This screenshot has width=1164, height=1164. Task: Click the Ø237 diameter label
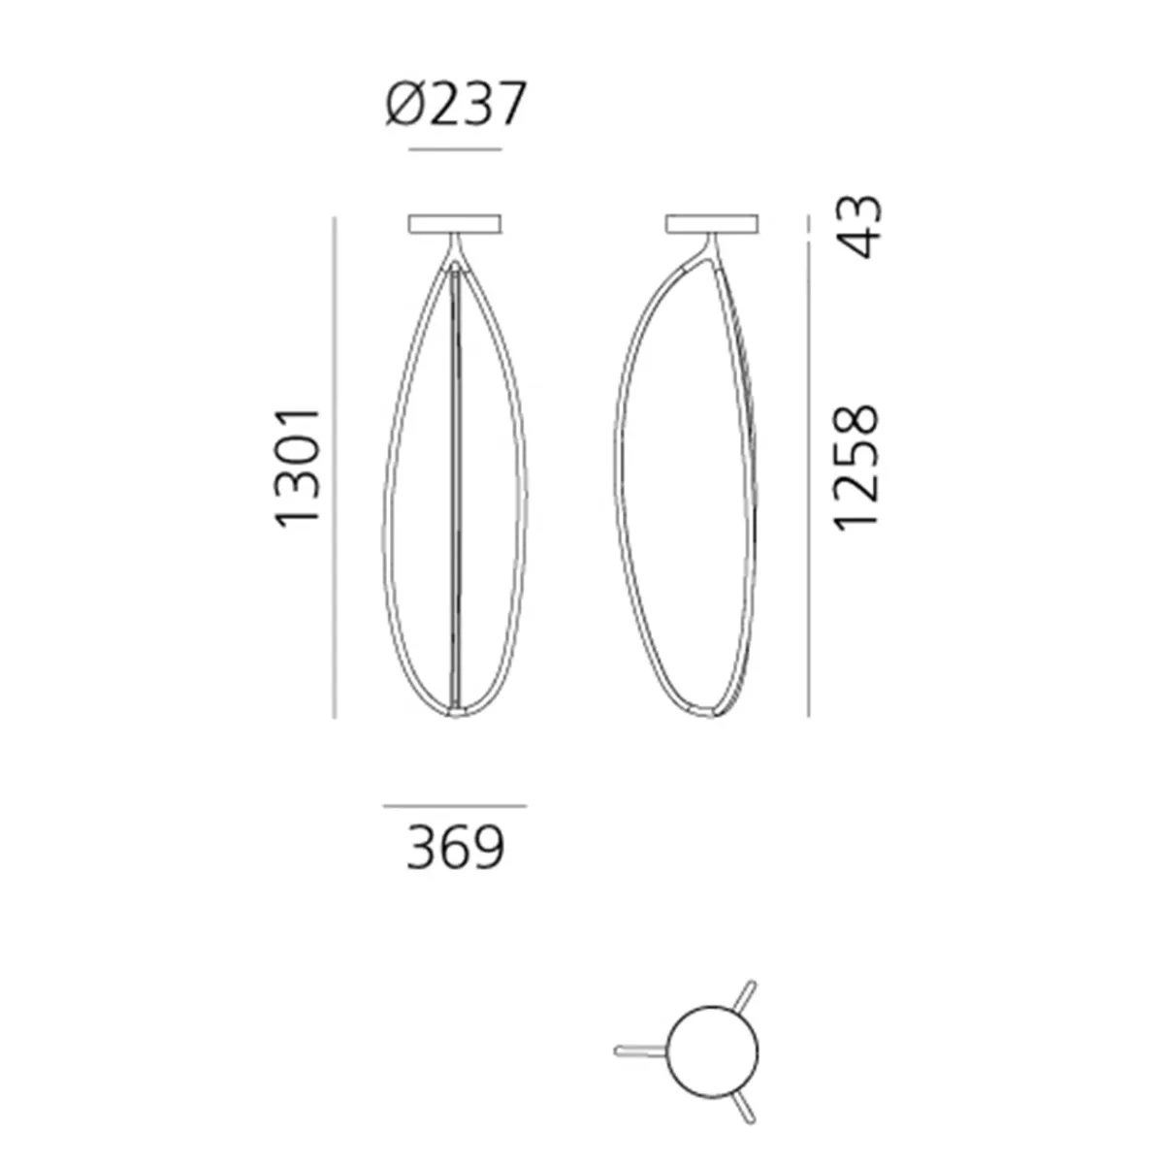[x=456, y=104]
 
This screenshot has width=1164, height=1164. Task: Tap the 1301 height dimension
[x=297, y=469]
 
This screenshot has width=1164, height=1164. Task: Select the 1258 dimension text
[x=855, y=469]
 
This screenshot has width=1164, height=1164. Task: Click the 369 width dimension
[x=456, y=847]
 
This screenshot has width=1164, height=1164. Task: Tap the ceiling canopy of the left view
[x=455, y=223]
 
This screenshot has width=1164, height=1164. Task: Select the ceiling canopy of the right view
[x=712, y=223]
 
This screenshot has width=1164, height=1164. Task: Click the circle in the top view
[x=712, y=1001]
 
